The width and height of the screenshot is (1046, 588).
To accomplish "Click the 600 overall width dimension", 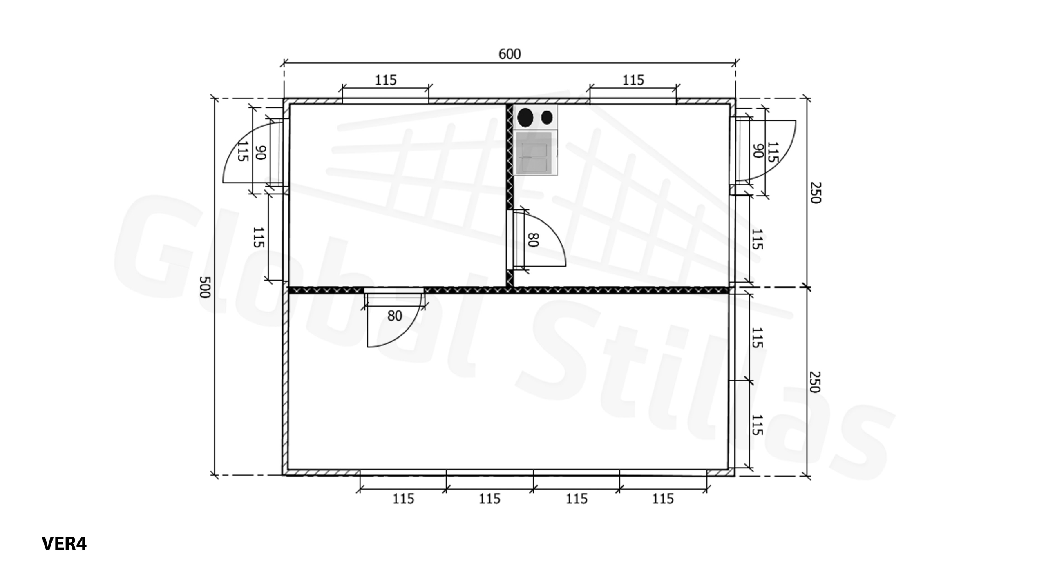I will point(510,54).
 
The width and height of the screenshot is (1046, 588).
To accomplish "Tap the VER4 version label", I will point(64,543).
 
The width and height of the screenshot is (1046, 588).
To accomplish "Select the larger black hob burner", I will point(525,118).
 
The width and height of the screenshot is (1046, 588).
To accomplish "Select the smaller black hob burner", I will point(547,118).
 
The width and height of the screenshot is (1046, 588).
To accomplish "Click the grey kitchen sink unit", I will point(535,152).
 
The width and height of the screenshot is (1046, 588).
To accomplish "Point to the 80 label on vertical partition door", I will point(532,240).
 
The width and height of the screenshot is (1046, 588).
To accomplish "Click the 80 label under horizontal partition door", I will point(395,316).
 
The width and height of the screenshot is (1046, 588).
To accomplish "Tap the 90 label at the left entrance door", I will point(260,152).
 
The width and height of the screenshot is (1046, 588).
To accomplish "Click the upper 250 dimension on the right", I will point(814,192).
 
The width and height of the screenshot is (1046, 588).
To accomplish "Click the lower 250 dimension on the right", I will point(814,382).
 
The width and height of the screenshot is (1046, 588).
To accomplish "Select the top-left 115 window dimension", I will point(385,80).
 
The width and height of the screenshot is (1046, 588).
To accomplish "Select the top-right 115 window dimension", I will point(633,80).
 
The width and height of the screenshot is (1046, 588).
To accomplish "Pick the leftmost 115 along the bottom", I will point(403,499).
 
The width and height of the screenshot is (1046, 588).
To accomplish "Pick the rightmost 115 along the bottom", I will point(662,499).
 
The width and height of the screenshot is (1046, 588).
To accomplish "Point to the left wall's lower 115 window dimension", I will point(258,238).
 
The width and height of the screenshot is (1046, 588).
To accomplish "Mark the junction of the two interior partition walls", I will point(510,290).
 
